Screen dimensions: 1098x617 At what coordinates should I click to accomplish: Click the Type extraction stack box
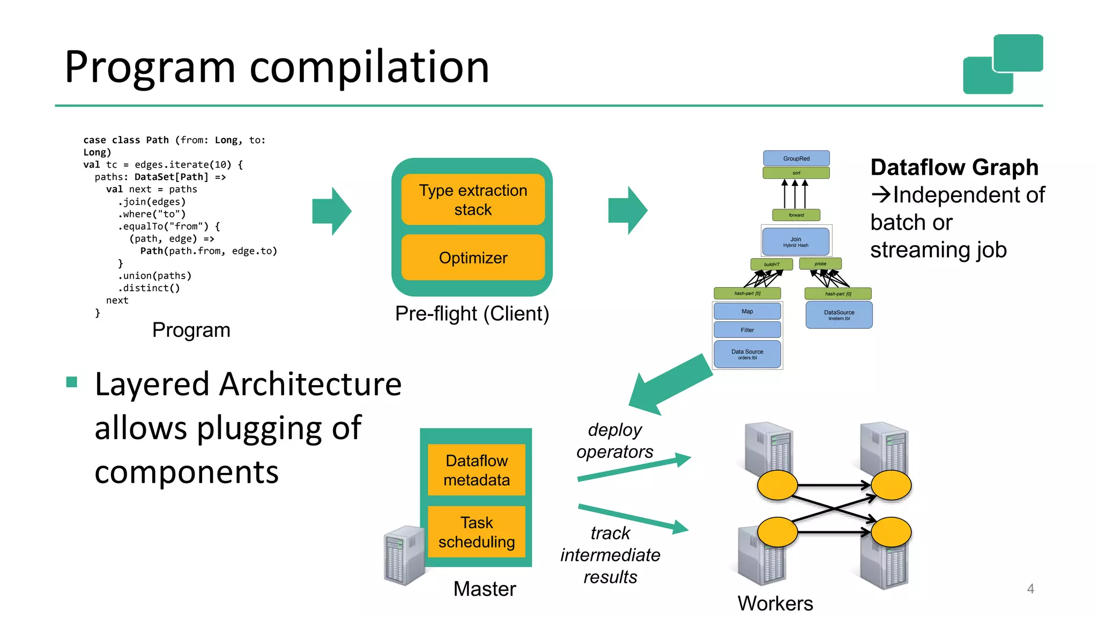pyautogui.click(x=473, y=199)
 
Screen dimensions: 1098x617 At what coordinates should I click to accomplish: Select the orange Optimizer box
pyautogui.click(x=473, y=258)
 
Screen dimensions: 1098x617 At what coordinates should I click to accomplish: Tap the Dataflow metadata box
pyautogui.click(x=477, y=470)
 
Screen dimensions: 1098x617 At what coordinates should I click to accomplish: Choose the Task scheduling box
pyautogui.click(x=477, y=532)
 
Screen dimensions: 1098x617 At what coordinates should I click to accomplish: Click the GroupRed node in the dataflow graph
pyautogui.click(x=796, y=158)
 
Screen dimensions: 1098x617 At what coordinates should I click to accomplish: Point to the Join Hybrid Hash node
pyautogui.click(x=796, y=242)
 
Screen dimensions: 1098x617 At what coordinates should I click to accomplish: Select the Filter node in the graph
pyautogui.click(x=747, y=330)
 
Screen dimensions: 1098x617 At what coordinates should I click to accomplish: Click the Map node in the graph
pyautogui.click(x=747, y=311)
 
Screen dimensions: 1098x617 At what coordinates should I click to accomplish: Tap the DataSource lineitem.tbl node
pyautogui.click(x=839, y=315)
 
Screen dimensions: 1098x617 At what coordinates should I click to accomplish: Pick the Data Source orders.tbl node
pyautogui.click(x=747, y=354)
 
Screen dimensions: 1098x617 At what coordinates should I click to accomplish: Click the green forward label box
pyautogui.click(x=796, y=215)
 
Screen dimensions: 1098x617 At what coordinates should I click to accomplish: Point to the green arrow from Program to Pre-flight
pyautogui.click(x=332, y=211)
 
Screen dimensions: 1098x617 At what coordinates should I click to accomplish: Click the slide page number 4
pyautogui.click(x=1030, y=589)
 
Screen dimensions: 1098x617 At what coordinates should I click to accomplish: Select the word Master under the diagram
pyautogui.click(x=485, y=589)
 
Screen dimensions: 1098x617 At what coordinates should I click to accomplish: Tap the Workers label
pyautogui.click(x=775, y=603)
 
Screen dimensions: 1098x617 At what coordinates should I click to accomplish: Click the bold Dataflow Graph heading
pyautogui.click(x=954, y=168)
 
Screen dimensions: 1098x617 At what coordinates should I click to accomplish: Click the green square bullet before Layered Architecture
pyautogui.click(x=72, y=382)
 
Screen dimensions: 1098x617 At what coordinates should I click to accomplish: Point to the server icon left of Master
pyautogui.click(x=405, y=555)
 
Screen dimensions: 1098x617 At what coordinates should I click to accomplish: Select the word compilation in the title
pyautogui.click(x=369, y=67)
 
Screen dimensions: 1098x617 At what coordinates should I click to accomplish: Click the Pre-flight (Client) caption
pyautogui.click(x=472, y=314)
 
